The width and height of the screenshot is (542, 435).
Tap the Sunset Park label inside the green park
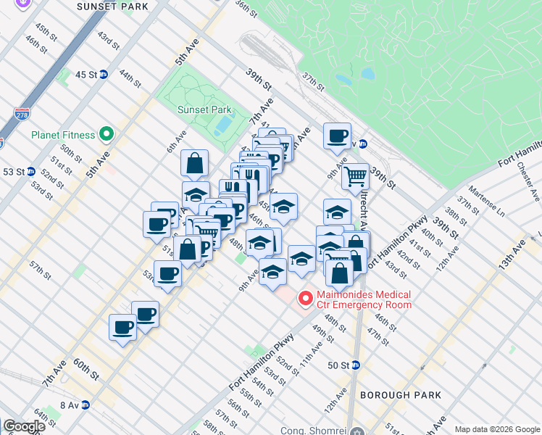coord(204,110)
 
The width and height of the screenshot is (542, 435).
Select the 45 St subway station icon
coord(104,75)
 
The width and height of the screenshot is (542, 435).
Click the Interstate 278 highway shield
coord(22,115)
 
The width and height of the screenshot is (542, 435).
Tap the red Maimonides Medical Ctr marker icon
coord(305,297)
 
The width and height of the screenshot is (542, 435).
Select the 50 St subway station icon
coord(356,365)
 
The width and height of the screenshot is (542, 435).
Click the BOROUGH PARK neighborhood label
coord(396,395)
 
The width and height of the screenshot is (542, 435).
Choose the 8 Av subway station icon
coord(85,405)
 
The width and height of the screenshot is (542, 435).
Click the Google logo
coord(24,426)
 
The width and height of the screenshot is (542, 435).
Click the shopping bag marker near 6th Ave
coord(195,163)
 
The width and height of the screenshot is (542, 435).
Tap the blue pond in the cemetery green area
coord(367,74)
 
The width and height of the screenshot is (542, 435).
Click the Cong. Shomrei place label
coord(313,431)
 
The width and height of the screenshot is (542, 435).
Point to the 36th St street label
coord(246,8)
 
